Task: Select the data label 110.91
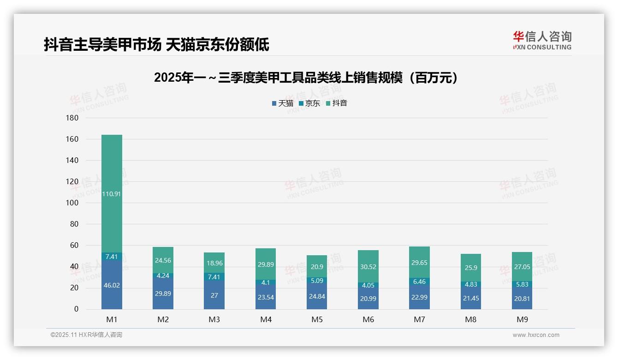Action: click(112, 194)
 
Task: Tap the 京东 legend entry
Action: click(309, 103)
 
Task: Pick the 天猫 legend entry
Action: click(282, 103)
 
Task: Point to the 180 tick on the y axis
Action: click(72, 118)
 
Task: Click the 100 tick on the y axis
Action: click(72, 203)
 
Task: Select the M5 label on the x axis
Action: click(317, 319)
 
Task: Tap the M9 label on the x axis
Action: click(522, 319)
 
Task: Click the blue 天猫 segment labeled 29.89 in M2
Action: click(163, 294)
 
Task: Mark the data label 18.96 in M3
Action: click(214, 263)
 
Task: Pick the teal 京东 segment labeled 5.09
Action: click(317, 280)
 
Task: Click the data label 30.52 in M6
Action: click(368, 266)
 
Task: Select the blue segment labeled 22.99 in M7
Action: click(419, 297)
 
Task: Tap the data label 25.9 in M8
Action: click(470, 268)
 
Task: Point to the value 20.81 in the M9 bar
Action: click(522, 299)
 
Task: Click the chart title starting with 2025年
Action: click(306, 78)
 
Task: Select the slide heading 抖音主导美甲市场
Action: click(156, 45)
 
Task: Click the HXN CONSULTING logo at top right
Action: click(542, 41)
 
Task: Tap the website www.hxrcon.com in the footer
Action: click(535, 335)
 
